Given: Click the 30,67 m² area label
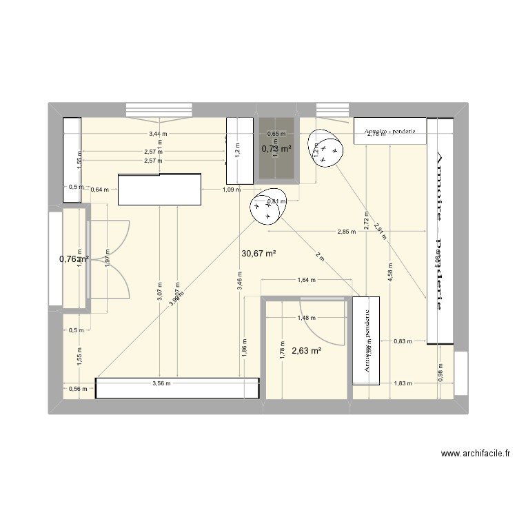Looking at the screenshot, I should pyautogui.click(x=258, y=254).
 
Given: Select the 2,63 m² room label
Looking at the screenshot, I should pyautogui.click(x=307, y=351).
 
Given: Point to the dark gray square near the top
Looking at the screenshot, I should pyautogui.click(x=277, y=150).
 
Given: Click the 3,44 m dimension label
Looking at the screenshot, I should pyautogui.click(x=158, y=134).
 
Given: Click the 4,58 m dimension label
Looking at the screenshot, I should pyautogui.click(x=391, y=263).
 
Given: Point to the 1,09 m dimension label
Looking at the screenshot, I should pyautogui.click(x=232, y=190).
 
